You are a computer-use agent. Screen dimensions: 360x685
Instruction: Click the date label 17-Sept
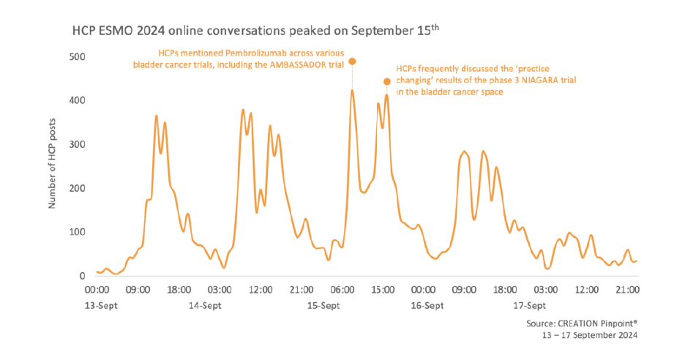pos(528,305)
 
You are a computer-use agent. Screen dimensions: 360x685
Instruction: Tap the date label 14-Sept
pos(204,305)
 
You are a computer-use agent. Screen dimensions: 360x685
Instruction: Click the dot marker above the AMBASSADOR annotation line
pos(352,61)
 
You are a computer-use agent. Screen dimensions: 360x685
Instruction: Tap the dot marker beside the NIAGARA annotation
pos(387,81)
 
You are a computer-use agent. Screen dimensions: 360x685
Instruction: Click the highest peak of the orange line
pos(352,91)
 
